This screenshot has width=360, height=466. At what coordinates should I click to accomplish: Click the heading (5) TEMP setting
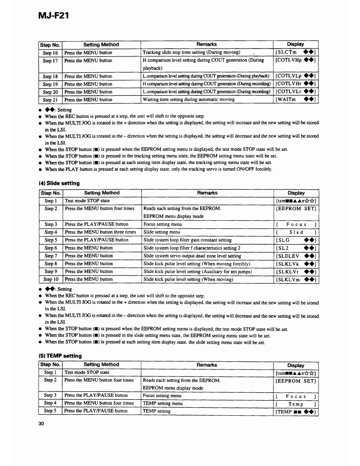(60, 355)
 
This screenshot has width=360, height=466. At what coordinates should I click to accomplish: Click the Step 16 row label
(50, 53)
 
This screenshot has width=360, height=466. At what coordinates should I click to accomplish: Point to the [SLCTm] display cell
(295, 53)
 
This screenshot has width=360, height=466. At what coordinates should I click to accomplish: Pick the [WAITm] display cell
(295, 100)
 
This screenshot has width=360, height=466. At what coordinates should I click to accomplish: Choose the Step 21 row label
(50, 100)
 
